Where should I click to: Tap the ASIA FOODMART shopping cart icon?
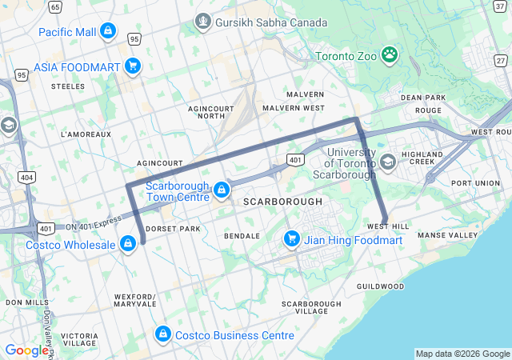133,66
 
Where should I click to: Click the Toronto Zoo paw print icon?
390,55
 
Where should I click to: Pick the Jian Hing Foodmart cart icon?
292,239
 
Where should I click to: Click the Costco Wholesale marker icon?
127,243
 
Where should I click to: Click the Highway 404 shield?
26,176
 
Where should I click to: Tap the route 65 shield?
55,6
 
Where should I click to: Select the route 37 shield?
500,6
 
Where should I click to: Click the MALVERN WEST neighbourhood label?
294,107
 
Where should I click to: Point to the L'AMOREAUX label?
86,134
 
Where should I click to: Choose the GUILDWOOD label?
380,286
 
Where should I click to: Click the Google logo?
26,350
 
